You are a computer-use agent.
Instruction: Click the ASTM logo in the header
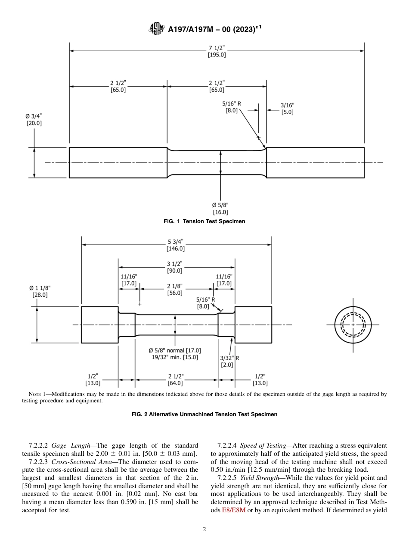(156, 29)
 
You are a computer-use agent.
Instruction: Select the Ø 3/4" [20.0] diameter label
(34, 119)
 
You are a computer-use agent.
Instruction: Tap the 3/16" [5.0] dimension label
(288, 109)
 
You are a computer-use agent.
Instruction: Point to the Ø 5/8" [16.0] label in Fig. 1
(220, 209)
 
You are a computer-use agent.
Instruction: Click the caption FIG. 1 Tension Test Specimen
(204, 221)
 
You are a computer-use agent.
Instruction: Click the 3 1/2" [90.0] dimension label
(174, 267)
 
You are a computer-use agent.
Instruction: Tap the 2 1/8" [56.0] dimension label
(175, 290)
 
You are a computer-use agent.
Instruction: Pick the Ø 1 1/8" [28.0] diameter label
(40, 291)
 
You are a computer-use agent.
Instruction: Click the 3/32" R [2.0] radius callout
(229, 361)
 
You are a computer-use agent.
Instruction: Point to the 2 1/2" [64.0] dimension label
(175, 379)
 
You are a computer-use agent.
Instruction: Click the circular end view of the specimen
(353, 324)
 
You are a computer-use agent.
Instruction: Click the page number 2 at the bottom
(204, 529)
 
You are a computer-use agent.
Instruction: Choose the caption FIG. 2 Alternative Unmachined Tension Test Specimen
(204, 414)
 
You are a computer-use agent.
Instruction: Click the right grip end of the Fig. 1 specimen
(315, 162)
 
